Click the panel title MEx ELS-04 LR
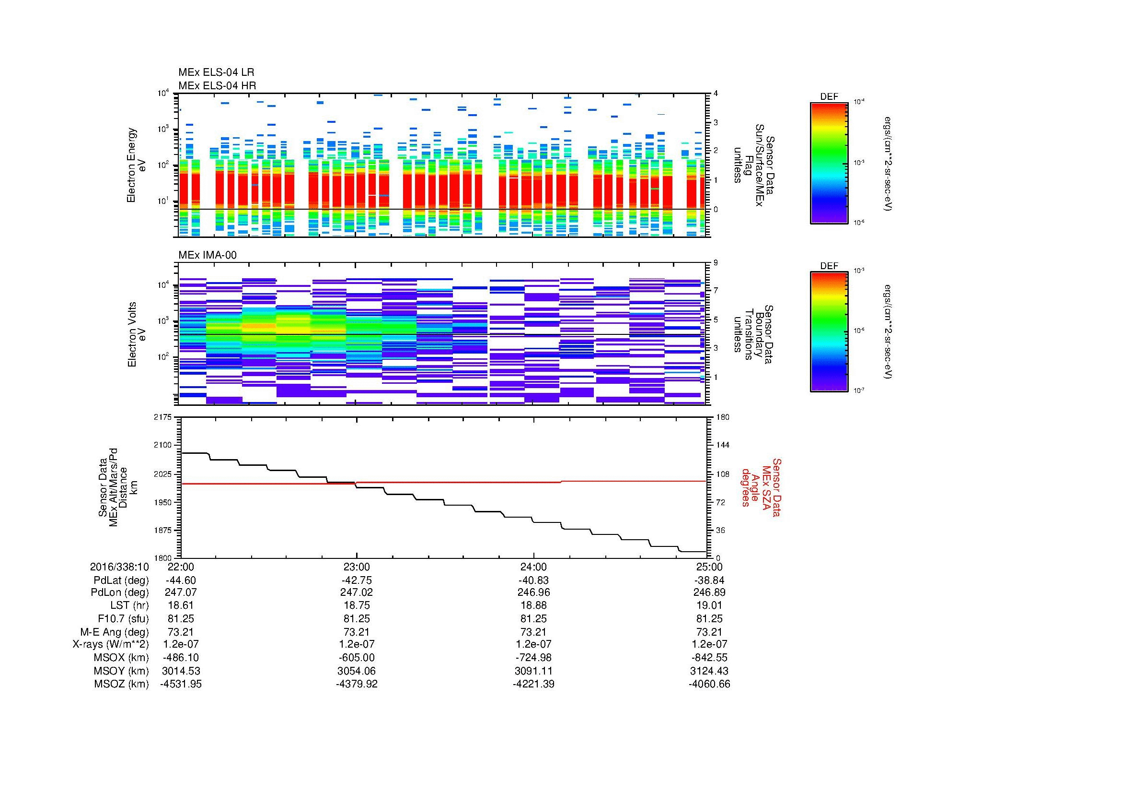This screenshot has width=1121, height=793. [216, 72]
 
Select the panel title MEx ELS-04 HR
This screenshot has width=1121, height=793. [217, 85]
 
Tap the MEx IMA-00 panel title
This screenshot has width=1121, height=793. [207, 255]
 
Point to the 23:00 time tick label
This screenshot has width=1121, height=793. [357, 567]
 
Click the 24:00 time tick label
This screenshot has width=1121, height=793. [533, 567]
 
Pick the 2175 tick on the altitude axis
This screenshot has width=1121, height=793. [162, 417]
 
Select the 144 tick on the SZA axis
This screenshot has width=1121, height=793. [722, 445]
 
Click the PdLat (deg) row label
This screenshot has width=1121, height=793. [121, 580]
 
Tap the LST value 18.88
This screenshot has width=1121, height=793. [533, 605]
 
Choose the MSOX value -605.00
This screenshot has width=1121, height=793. [357, 658]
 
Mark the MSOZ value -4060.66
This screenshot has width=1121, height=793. [709, 684]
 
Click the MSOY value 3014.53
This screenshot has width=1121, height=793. [181, 671]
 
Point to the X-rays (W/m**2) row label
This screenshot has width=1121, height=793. [110, 644]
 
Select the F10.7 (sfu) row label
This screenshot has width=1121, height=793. [123, 618]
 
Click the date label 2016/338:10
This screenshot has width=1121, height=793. [119, 567]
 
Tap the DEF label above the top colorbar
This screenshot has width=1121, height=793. [829, 97]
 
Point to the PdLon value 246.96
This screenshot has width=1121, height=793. [533, 592]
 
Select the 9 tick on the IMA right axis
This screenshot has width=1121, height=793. [716, 263]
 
